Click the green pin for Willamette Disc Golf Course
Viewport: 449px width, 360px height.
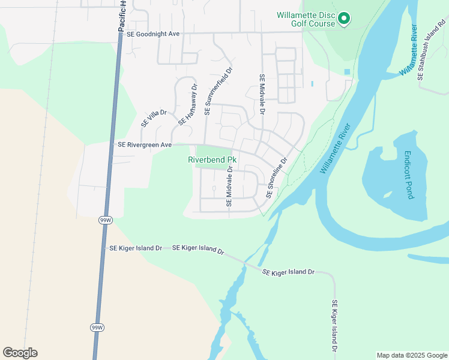pos(344,19)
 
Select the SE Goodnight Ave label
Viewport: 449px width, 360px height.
pos(153,34)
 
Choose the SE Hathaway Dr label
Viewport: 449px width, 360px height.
pos(187,104)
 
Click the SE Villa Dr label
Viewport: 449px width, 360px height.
pos(154,118)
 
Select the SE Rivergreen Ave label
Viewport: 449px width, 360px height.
pos(145,145)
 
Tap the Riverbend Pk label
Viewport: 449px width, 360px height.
pos(213,160)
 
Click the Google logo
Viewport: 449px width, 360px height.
pos(20,353)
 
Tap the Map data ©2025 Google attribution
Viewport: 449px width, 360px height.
pos(411,355)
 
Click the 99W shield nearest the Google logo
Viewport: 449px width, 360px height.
pos(97,328)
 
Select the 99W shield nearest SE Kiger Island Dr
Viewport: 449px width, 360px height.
pos(104,220)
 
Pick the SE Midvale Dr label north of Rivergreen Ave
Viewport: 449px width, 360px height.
pos(262,95)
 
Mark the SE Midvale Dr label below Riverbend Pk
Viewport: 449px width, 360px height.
pos(229,188)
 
